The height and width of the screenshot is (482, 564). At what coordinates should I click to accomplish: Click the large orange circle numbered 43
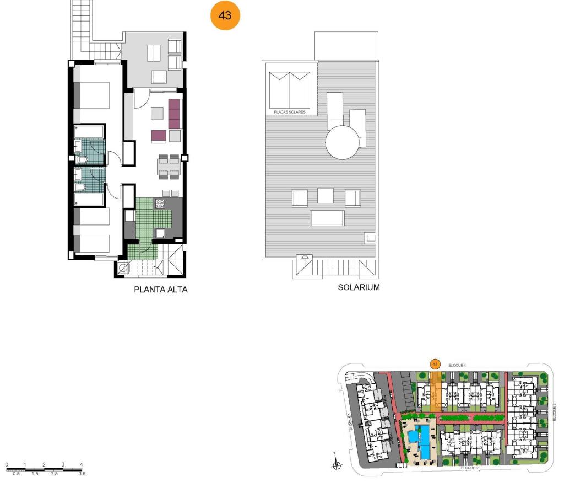225,15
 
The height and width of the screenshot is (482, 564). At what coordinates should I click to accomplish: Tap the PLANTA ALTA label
161,290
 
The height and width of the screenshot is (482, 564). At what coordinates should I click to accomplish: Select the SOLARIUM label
359,287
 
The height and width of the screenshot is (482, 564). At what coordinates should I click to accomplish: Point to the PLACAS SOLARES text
290,112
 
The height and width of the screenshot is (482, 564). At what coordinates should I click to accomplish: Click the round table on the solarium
343,142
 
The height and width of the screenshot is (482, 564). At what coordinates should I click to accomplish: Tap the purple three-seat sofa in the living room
175,114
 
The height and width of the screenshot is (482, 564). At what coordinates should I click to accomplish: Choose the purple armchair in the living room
159,136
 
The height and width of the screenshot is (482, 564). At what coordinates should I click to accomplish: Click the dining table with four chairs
169,167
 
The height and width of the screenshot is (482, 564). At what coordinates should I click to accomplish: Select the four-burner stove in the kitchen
160,203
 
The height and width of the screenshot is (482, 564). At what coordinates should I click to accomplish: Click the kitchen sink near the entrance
160,233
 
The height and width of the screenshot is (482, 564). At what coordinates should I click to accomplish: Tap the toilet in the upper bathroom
82,159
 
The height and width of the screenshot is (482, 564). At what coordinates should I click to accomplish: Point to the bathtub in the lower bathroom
89,200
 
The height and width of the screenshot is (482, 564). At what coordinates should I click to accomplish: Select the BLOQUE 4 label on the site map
457,365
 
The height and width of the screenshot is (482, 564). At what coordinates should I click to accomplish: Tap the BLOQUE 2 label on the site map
470,468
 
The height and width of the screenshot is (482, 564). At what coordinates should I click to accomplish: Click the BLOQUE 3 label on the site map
554,412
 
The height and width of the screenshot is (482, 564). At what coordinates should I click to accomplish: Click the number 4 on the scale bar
82,464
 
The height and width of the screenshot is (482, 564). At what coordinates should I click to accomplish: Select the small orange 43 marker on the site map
435,364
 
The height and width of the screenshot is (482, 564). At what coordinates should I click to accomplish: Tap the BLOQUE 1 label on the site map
350,421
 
